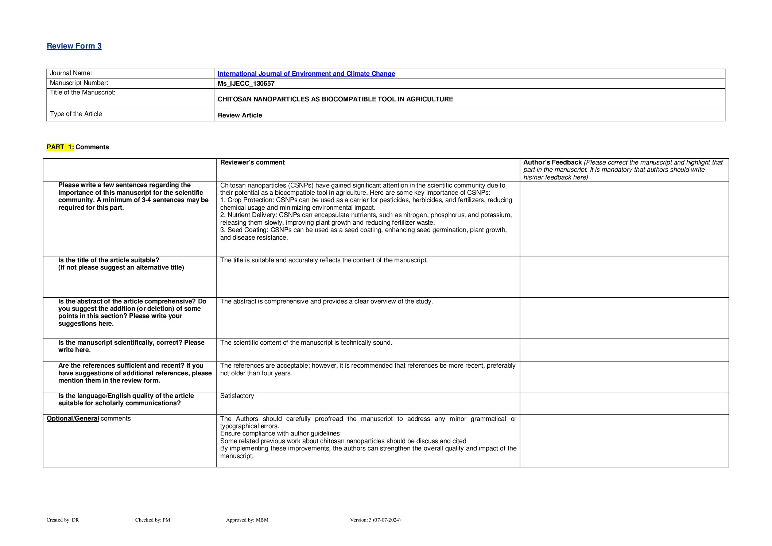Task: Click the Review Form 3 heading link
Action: pyautogui.click(x=74, y=46)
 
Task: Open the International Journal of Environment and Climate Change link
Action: pyautogui.click(x=306, y=74)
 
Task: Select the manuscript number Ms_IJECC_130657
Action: pyautogui.click(x=246, y=84)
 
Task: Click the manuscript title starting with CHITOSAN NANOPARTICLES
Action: pyautogui.click(x=335, y=99)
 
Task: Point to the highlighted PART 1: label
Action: pyautogui.click(x=60, y=147)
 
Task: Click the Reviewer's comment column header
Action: pyautogui.click(x=252, y=162)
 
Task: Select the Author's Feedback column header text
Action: pyautogui.click(x=552, y=162)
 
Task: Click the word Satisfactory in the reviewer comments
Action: pyautogui.click(x=237, y=396)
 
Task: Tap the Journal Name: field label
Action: pyautogui.click(x=71, y=73)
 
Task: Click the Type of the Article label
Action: pyautogui.click(x=76, y=114)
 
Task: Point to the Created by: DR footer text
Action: pyautogui.click(x=63, y=520)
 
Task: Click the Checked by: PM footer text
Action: pyautogui.click(x=152, y=520)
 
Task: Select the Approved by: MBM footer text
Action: pyautogui.click(x=247, y=520)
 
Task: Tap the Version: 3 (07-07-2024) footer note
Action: pyautogui.click(x=375, y=520)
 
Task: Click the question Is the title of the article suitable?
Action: pyautogui.click(x=109, y=260)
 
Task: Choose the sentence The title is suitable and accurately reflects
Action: pyautogui.click(x=323, y=260)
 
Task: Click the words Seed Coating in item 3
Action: pyautogui.click(x=247, y=230)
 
